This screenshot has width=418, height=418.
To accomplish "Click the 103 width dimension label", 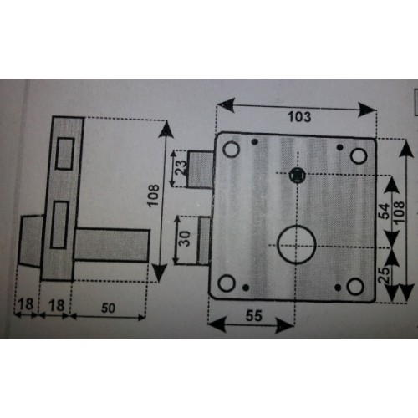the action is [299, 117].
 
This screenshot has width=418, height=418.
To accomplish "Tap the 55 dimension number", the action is [254, 316].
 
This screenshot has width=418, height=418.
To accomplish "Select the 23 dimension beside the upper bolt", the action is [181, 167].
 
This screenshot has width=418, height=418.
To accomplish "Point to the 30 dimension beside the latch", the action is [184, 239].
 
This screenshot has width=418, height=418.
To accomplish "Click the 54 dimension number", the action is [384, 212].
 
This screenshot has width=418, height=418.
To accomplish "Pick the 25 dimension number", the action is [384, 275].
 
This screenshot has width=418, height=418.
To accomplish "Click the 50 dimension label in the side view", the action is [108, 308].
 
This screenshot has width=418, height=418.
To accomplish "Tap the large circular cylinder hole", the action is [297, 245].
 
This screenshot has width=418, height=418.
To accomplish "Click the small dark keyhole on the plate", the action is [298, 176].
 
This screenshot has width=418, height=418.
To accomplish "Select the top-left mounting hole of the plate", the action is [232, 149].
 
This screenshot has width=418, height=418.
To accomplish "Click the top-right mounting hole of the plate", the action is [359, 156].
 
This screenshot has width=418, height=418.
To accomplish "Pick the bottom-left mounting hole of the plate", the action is [227, 283].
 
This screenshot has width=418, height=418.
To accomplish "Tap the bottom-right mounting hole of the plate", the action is [355, 287].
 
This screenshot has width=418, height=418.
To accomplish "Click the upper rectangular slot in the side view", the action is [65, 154].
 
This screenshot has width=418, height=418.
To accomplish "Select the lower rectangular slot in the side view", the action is [59, 225].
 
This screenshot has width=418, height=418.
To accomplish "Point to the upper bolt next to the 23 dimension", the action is [200, 170].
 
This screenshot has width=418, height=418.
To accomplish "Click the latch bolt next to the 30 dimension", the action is [204, 240].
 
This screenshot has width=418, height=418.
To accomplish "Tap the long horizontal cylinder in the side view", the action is [112, 245].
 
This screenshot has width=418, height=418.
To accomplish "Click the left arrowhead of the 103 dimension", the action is [226, 105].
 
